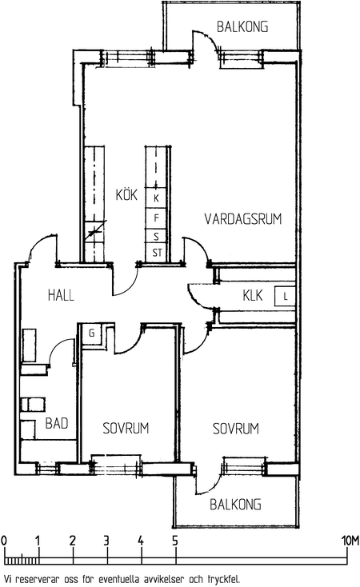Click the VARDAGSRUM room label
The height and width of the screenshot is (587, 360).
[242, 219]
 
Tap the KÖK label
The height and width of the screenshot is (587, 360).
[126, 194]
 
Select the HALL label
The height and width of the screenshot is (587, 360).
[61, 295]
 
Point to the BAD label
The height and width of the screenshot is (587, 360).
[57, 423]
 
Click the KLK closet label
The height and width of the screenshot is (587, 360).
[253, 295]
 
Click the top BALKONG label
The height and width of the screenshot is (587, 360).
[242, 27]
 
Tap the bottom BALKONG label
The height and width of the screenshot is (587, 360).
[235, 505]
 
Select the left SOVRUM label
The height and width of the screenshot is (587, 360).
[126, 429]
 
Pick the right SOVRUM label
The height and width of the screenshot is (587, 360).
[236, 429]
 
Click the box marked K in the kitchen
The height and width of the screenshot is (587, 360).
[157, 198]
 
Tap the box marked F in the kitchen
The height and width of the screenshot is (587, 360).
[157, 218]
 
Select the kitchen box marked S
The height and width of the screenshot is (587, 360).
[157, 237]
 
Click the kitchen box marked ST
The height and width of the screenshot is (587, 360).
[157, 253]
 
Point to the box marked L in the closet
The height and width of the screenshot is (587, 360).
[285, 297]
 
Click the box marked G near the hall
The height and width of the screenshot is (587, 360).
[91, 333]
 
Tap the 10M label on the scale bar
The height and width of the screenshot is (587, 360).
[350, 541]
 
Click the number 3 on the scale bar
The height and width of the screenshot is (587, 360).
[106, 541]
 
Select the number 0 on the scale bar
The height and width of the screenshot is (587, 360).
[4, 541]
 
